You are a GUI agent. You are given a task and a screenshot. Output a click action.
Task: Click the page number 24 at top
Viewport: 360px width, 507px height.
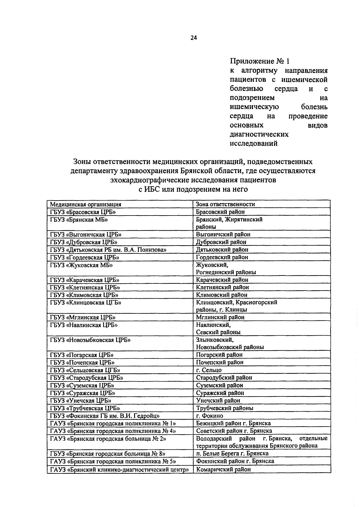pyautogui.click(x=193, y=38)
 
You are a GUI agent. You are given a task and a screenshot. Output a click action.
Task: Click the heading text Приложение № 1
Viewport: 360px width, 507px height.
pyautogui.click(x=260, y=62)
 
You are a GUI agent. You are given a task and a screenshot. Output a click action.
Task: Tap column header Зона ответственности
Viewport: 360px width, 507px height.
pyautogui.click(x=225, y=204)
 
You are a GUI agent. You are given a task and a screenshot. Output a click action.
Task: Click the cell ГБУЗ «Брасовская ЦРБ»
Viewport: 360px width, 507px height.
pyautogui.click(x=83, y=212)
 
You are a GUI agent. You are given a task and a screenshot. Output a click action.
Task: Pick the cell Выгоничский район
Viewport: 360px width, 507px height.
pyautogui.click(x=223, y=234)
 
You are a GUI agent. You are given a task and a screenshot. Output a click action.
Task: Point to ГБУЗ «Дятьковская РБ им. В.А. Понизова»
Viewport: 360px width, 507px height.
pyautogui.click(x=108, y=250)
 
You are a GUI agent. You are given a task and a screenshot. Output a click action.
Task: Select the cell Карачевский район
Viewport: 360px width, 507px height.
pyautogui.click(x=222, y=280)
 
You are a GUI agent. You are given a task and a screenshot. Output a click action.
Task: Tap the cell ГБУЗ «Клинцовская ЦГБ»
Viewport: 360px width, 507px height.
pyautogui.click(x=85, y=303)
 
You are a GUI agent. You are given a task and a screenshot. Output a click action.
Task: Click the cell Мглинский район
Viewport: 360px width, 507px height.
pyautogui.click(x=220, y=317)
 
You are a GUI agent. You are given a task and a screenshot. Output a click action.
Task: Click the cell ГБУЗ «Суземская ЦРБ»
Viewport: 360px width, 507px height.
pyautogui.click(x=82, y=385)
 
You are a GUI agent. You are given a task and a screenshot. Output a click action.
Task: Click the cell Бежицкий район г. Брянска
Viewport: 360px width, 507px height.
pyautogui.click(x=233, y=423)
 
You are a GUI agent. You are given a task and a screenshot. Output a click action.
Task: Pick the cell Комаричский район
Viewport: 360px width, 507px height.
pyautogui.click(x=223, y=469)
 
